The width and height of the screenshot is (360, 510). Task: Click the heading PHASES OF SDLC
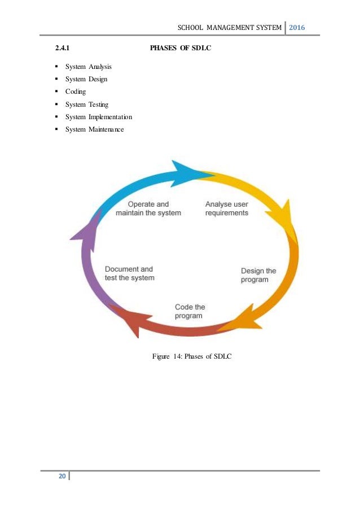coord(181,49)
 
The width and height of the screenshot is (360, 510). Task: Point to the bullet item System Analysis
coord(88,67)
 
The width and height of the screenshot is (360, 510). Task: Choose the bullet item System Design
coord(86,79)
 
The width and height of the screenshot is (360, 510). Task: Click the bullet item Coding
coord(76,91)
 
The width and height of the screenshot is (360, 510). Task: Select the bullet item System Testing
coord(87,104)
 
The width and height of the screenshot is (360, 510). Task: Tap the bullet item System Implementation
coord(99,117)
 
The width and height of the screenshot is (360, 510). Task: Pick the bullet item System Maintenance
coord(95,129)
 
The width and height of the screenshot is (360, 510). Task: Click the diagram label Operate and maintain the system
coord(148,208)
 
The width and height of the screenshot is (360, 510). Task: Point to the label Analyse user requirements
coord(226,208)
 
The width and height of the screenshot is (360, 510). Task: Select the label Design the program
coord(258,275)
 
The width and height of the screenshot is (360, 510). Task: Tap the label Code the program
coord(190,311)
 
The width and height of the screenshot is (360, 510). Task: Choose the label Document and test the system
coord(129,273)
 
